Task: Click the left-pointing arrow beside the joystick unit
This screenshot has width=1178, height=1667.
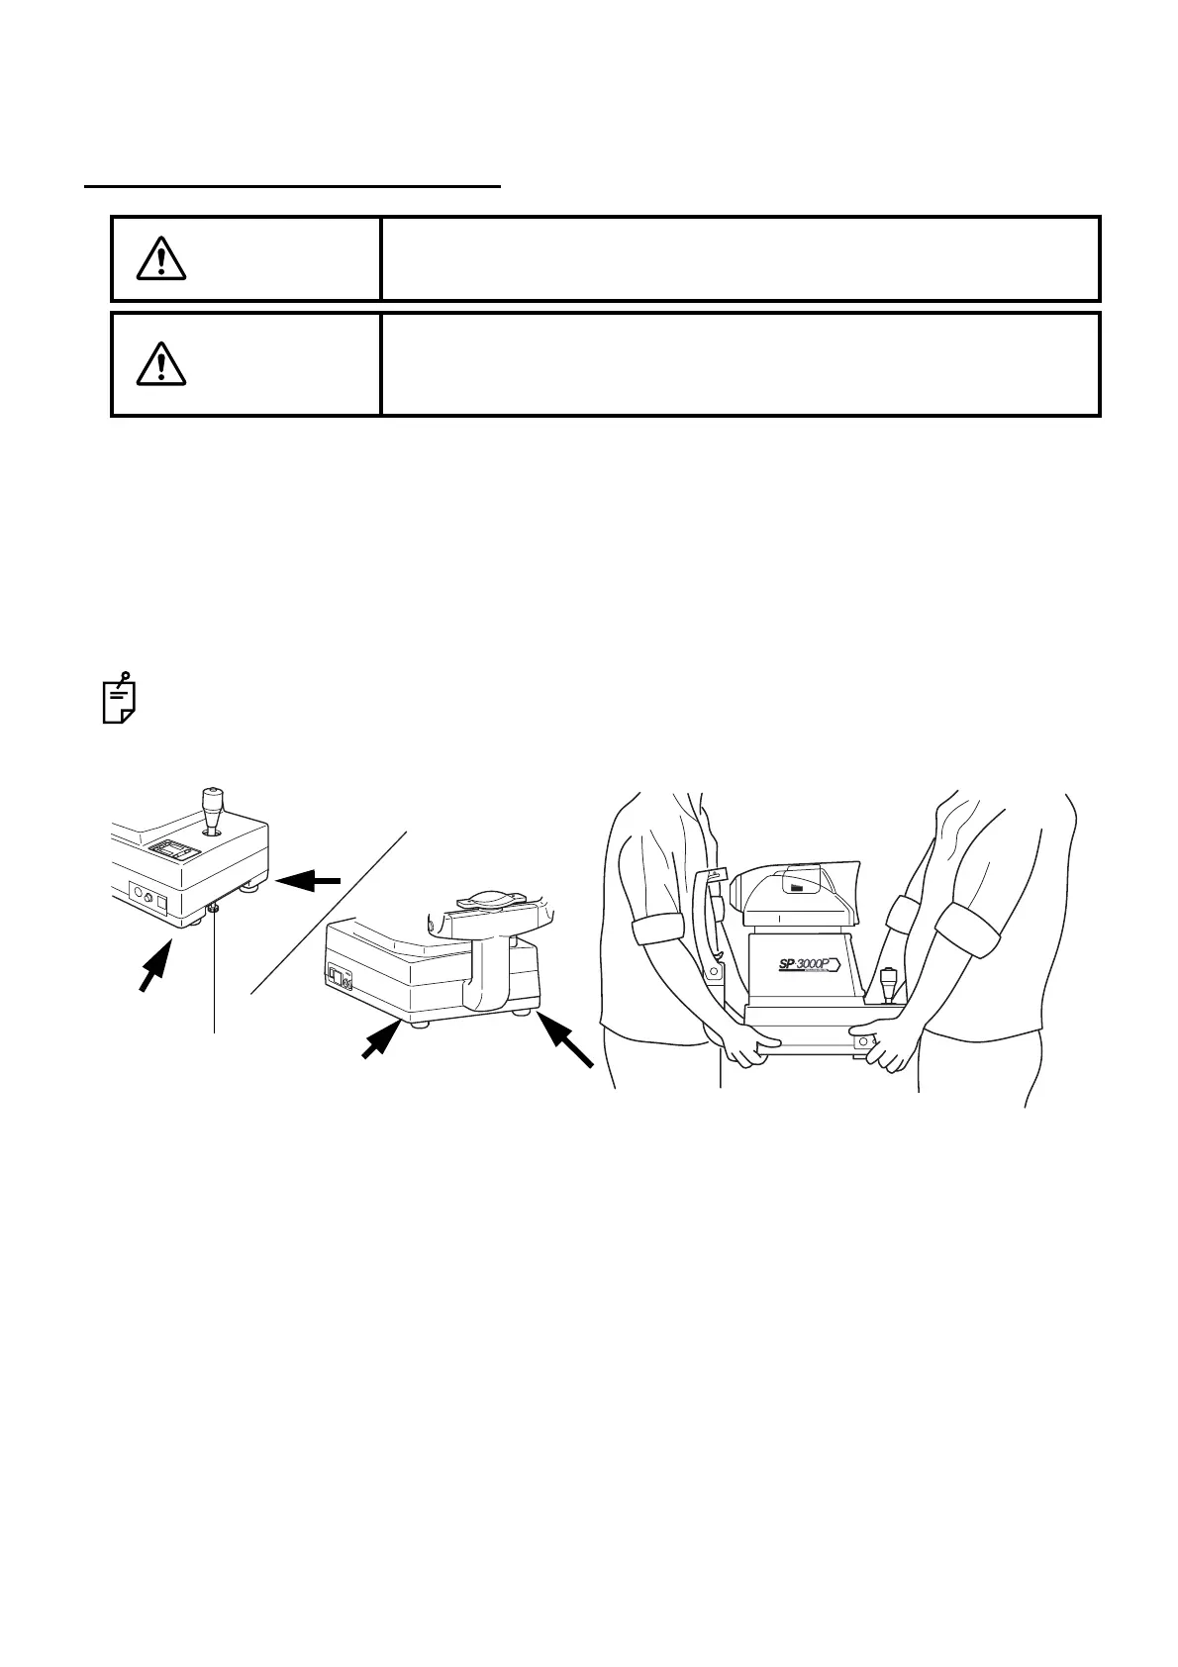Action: (310, 879)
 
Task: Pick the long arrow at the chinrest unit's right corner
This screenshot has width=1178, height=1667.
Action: (565, 1038)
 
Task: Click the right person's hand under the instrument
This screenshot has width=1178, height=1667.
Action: (886, 1044)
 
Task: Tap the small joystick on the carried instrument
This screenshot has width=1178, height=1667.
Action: (889, 984)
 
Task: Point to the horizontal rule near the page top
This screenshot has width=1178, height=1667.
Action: (293, 184)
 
